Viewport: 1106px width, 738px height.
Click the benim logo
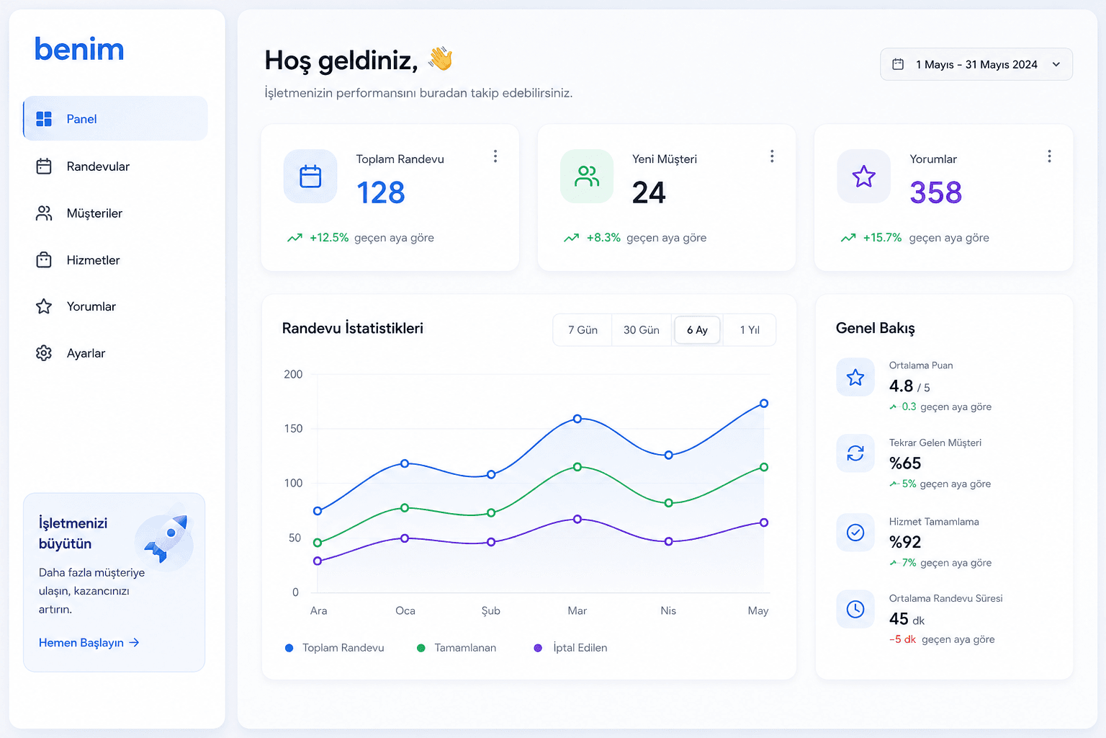pyautogui.click(x=79, y=50)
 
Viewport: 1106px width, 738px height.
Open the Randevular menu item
pyautogui.click(x=97, y=166)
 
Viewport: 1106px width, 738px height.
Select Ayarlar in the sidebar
pyautogui.click(x=86, y=353)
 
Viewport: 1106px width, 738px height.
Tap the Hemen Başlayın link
pyautogui.click(x=89, y=643)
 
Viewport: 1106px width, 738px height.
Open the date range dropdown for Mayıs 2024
pyautogui.click(x=976, y=65)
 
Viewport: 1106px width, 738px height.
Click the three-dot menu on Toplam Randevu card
pyautogui.click(x=495, y=156)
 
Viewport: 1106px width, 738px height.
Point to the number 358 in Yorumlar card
pyautogui.click(x=935, y=192)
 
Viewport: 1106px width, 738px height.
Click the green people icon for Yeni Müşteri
pyautogui.click(x=587, y=177)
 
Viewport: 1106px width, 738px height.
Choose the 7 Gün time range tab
pyautogui.click(x=583, y=329)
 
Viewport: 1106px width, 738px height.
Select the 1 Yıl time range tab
pyautogui.click(x=749, y=329)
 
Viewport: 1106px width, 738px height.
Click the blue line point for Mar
pyautogui.click(x=577, y=419)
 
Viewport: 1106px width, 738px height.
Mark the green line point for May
pyautogui.click(x=764, y=467)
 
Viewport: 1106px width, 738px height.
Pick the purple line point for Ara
pyautogui.click(x=318, y=561)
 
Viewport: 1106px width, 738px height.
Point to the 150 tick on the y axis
pyautogui.click(x=293, y=429)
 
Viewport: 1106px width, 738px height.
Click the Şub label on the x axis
pyautogui.click(x=491, y=611)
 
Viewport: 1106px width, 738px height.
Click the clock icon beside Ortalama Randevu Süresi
pyautogui.click(x=855, y=609)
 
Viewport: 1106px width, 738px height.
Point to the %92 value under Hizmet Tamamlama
pyautogui.click(x=905, y=542)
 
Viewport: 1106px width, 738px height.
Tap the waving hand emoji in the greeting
pyautogui.click(x=441, y=58)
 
